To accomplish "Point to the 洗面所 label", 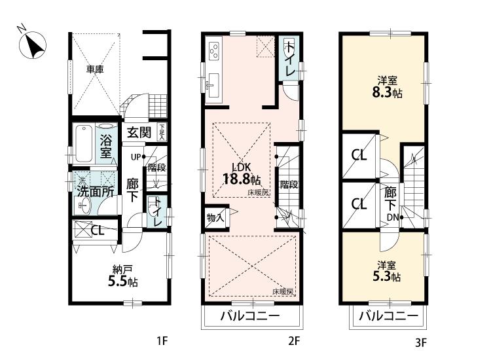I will point(96,192).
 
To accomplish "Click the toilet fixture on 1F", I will point(155,211).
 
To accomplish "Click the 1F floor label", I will point(163,340).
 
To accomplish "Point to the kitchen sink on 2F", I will point(213,84).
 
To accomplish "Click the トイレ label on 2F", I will point(289,57).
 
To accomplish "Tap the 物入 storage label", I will point(216,217).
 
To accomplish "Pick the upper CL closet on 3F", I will point(358,156).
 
